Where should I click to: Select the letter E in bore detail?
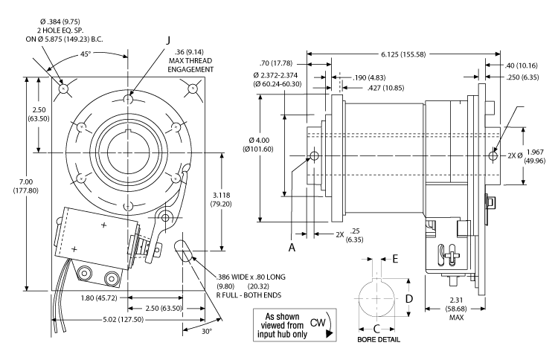(x=395, y=260)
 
